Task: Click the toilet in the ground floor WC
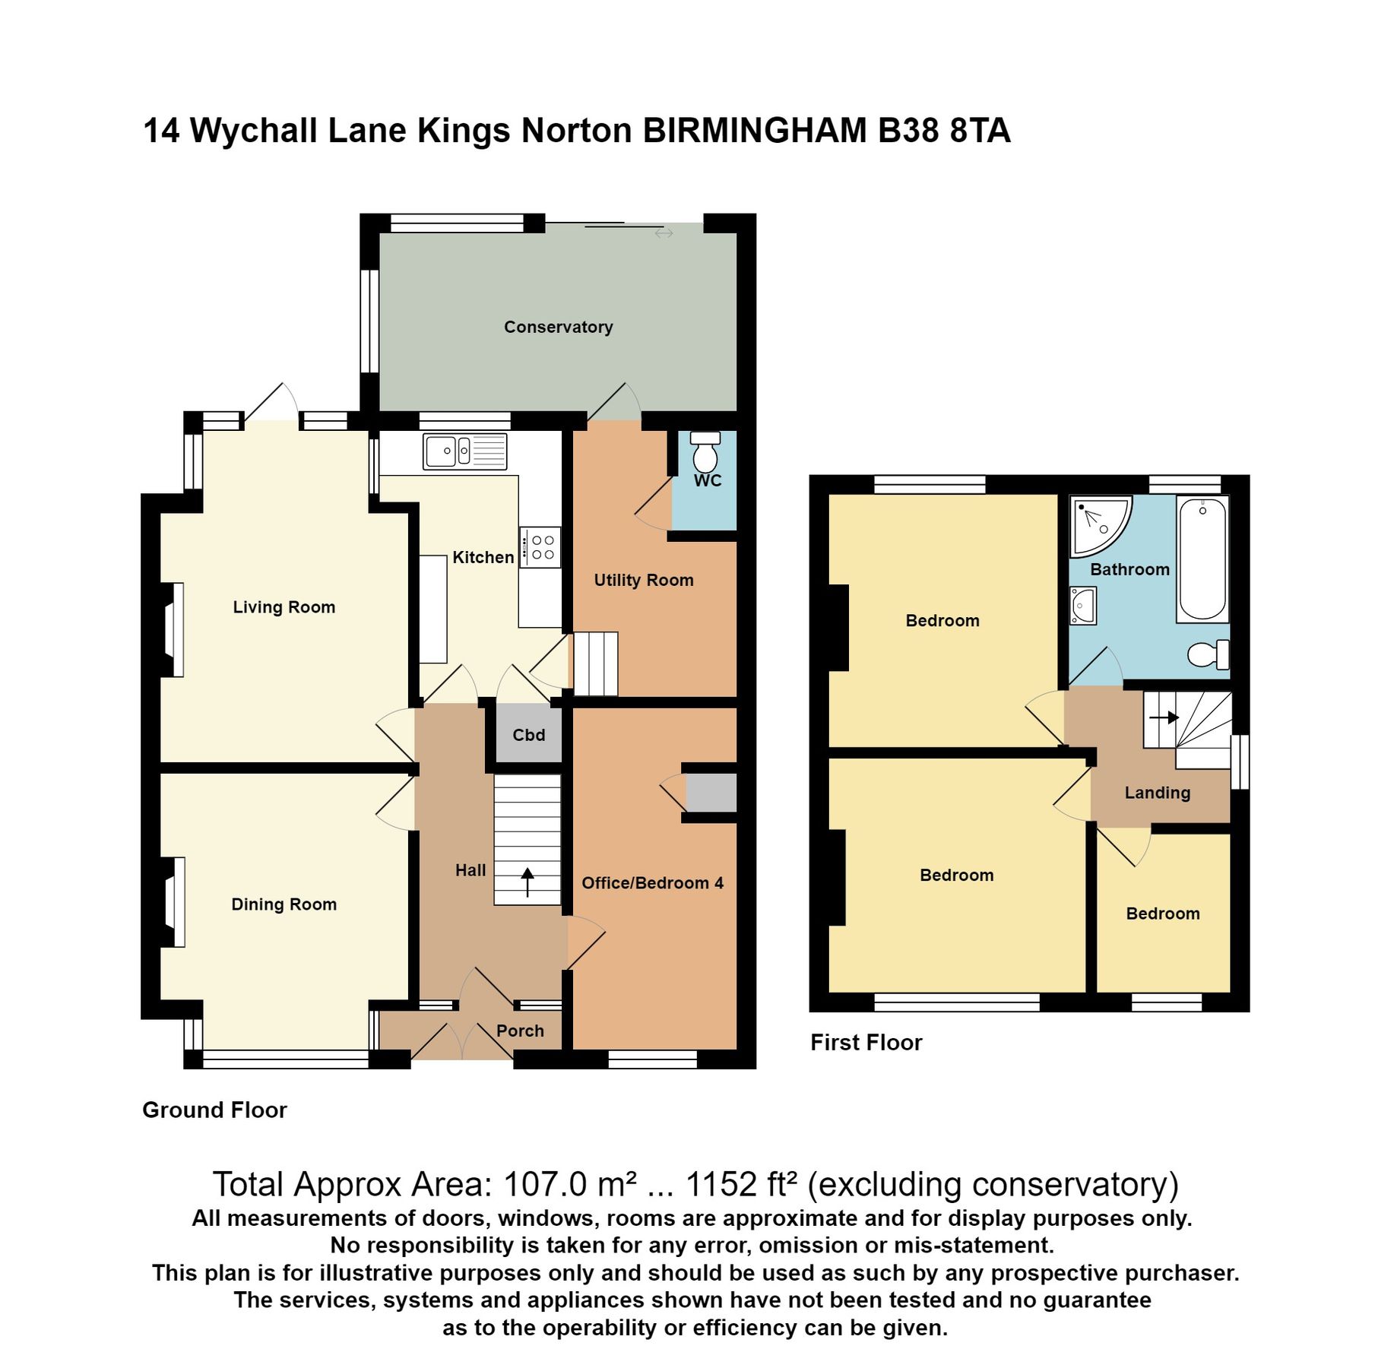point(705,454)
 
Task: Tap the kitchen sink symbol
point(464,451)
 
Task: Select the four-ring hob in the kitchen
point(540,547)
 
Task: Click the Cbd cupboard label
point(528,735)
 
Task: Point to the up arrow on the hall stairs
point(527,882)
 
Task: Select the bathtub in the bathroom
point(1202,559)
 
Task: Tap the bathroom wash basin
point(1082,606)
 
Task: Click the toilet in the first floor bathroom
point(1208,654)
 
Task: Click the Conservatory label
point(558,327)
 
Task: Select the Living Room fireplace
point(174,629)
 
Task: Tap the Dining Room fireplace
point(175,902)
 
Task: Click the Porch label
point(520,1031)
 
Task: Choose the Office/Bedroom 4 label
point(652,883)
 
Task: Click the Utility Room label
point(643,580)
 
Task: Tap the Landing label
point(1157,793)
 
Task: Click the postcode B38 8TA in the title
point(943,131)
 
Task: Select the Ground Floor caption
point(214,1110)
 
